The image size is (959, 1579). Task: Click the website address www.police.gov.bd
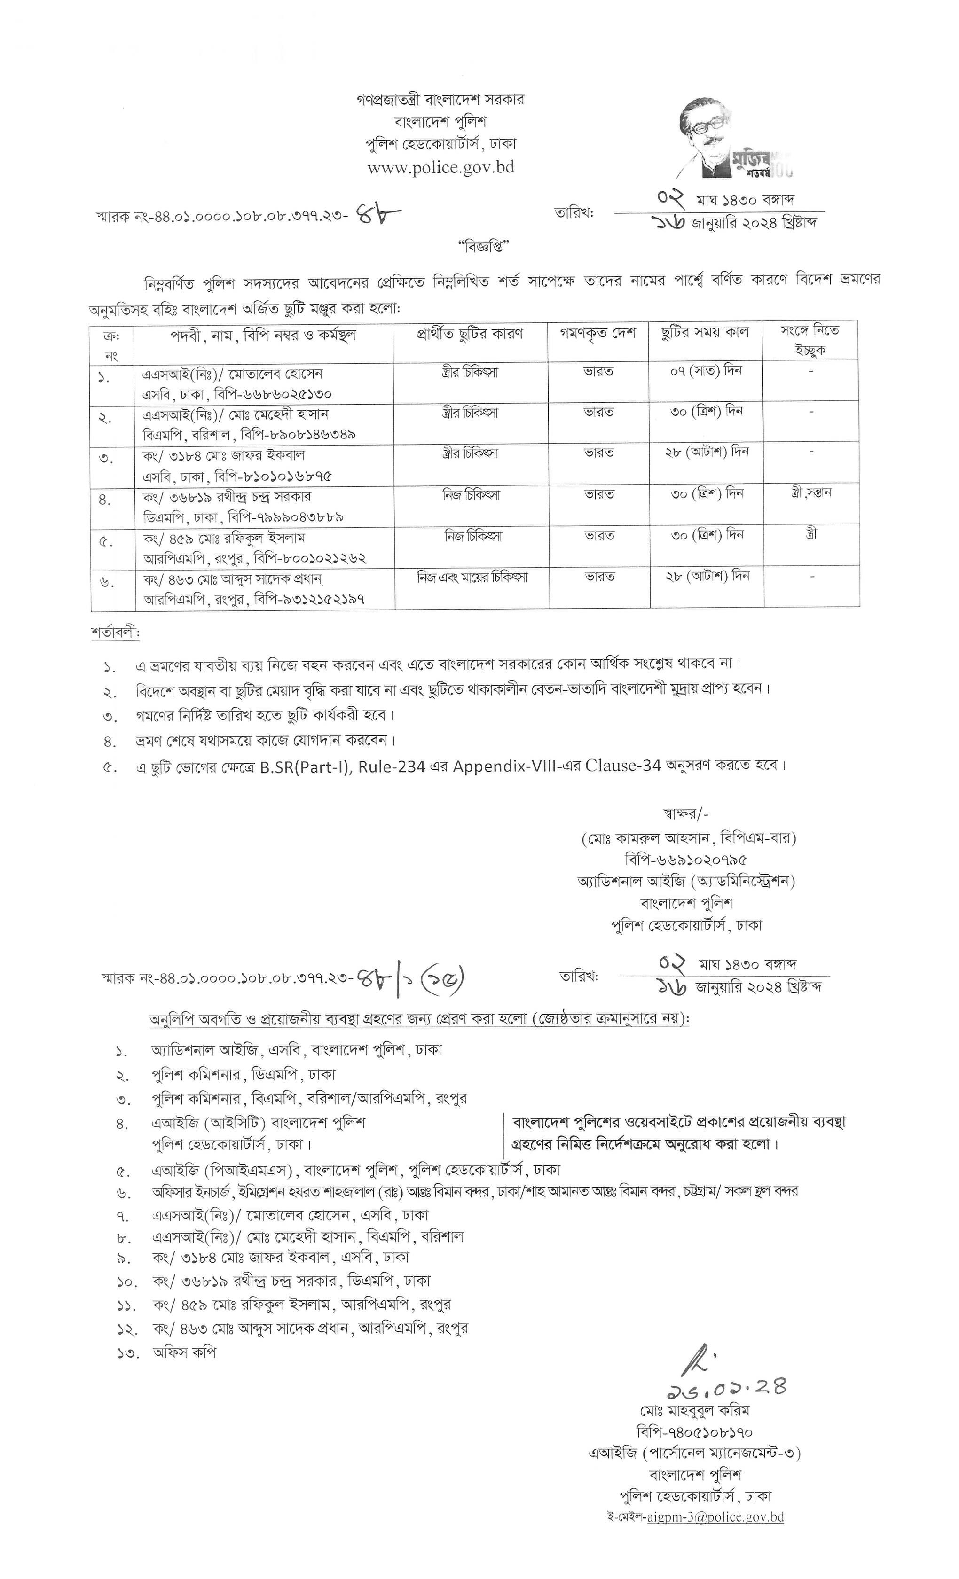tap(440, 167)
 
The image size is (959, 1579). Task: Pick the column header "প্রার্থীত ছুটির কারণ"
tap(470, 334)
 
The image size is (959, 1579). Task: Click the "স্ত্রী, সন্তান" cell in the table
tap(811, 493)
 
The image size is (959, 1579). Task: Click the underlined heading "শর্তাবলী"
tap(115, 633)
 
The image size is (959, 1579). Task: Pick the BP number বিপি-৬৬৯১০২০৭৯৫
tap(686, 860)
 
